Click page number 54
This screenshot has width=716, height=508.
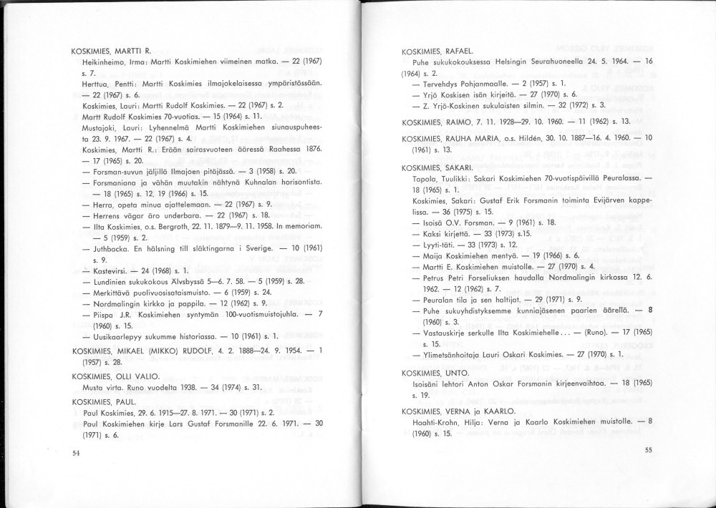(77, 453)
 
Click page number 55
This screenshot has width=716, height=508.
(649, 450)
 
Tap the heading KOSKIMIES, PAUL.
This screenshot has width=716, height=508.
(104, 402)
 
